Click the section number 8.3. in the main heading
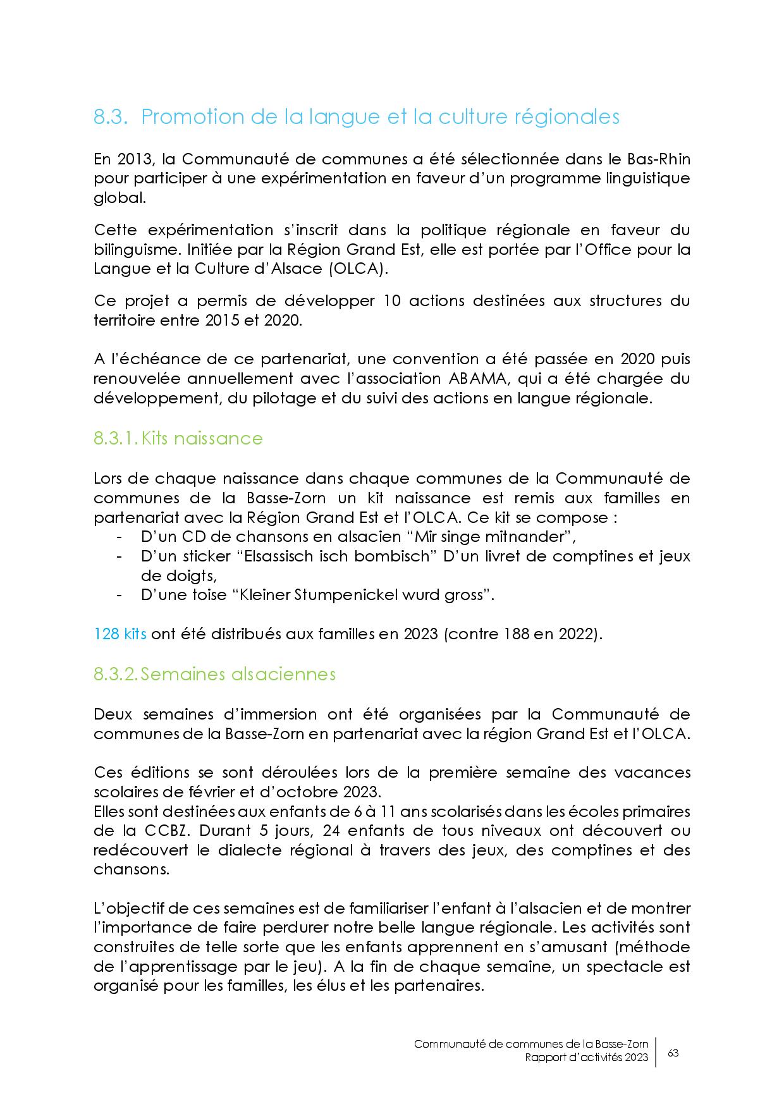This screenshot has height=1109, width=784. coord(111,118)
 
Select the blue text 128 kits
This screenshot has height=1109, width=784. coord(120,634)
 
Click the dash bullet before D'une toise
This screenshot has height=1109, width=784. coord(119,596)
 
